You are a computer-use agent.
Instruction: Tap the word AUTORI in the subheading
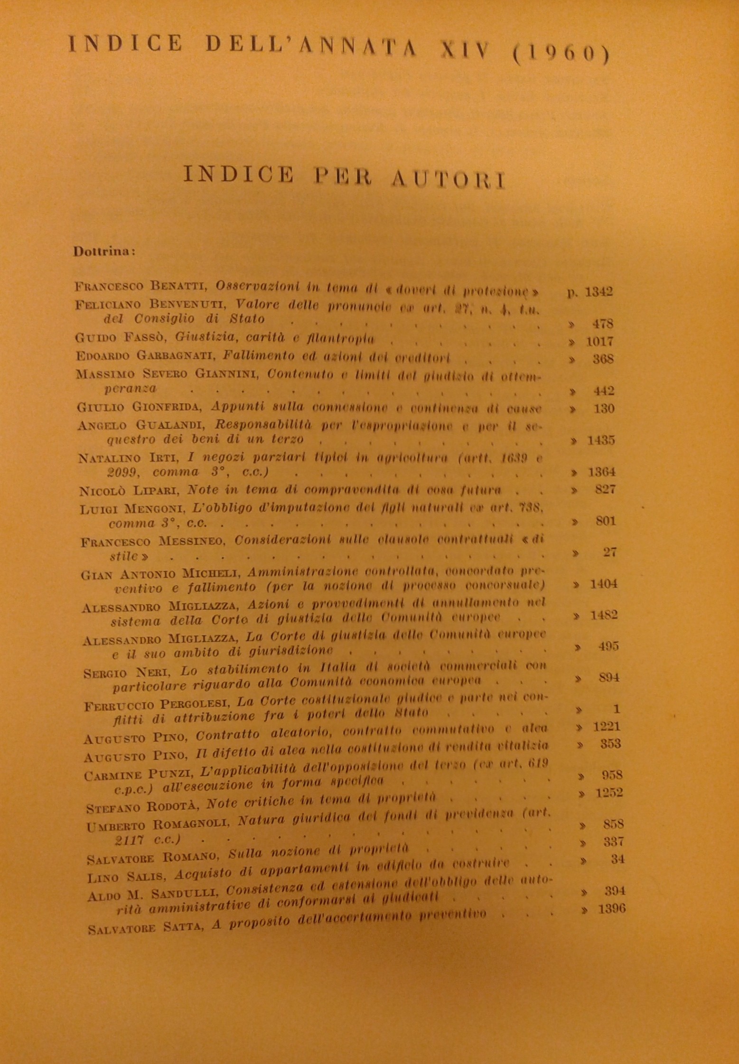pyautogui.click(x=447, y=179)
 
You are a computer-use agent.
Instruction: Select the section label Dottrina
pyautogui.click(x=103, y=252)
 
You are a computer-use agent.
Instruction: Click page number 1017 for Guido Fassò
pyautogui.click(x=599, y=341)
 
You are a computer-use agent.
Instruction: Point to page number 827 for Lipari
pyautogui.click(x=605, y=489)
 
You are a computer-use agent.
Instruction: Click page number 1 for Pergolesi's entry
pyautogui.click(x=617, y=709)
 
